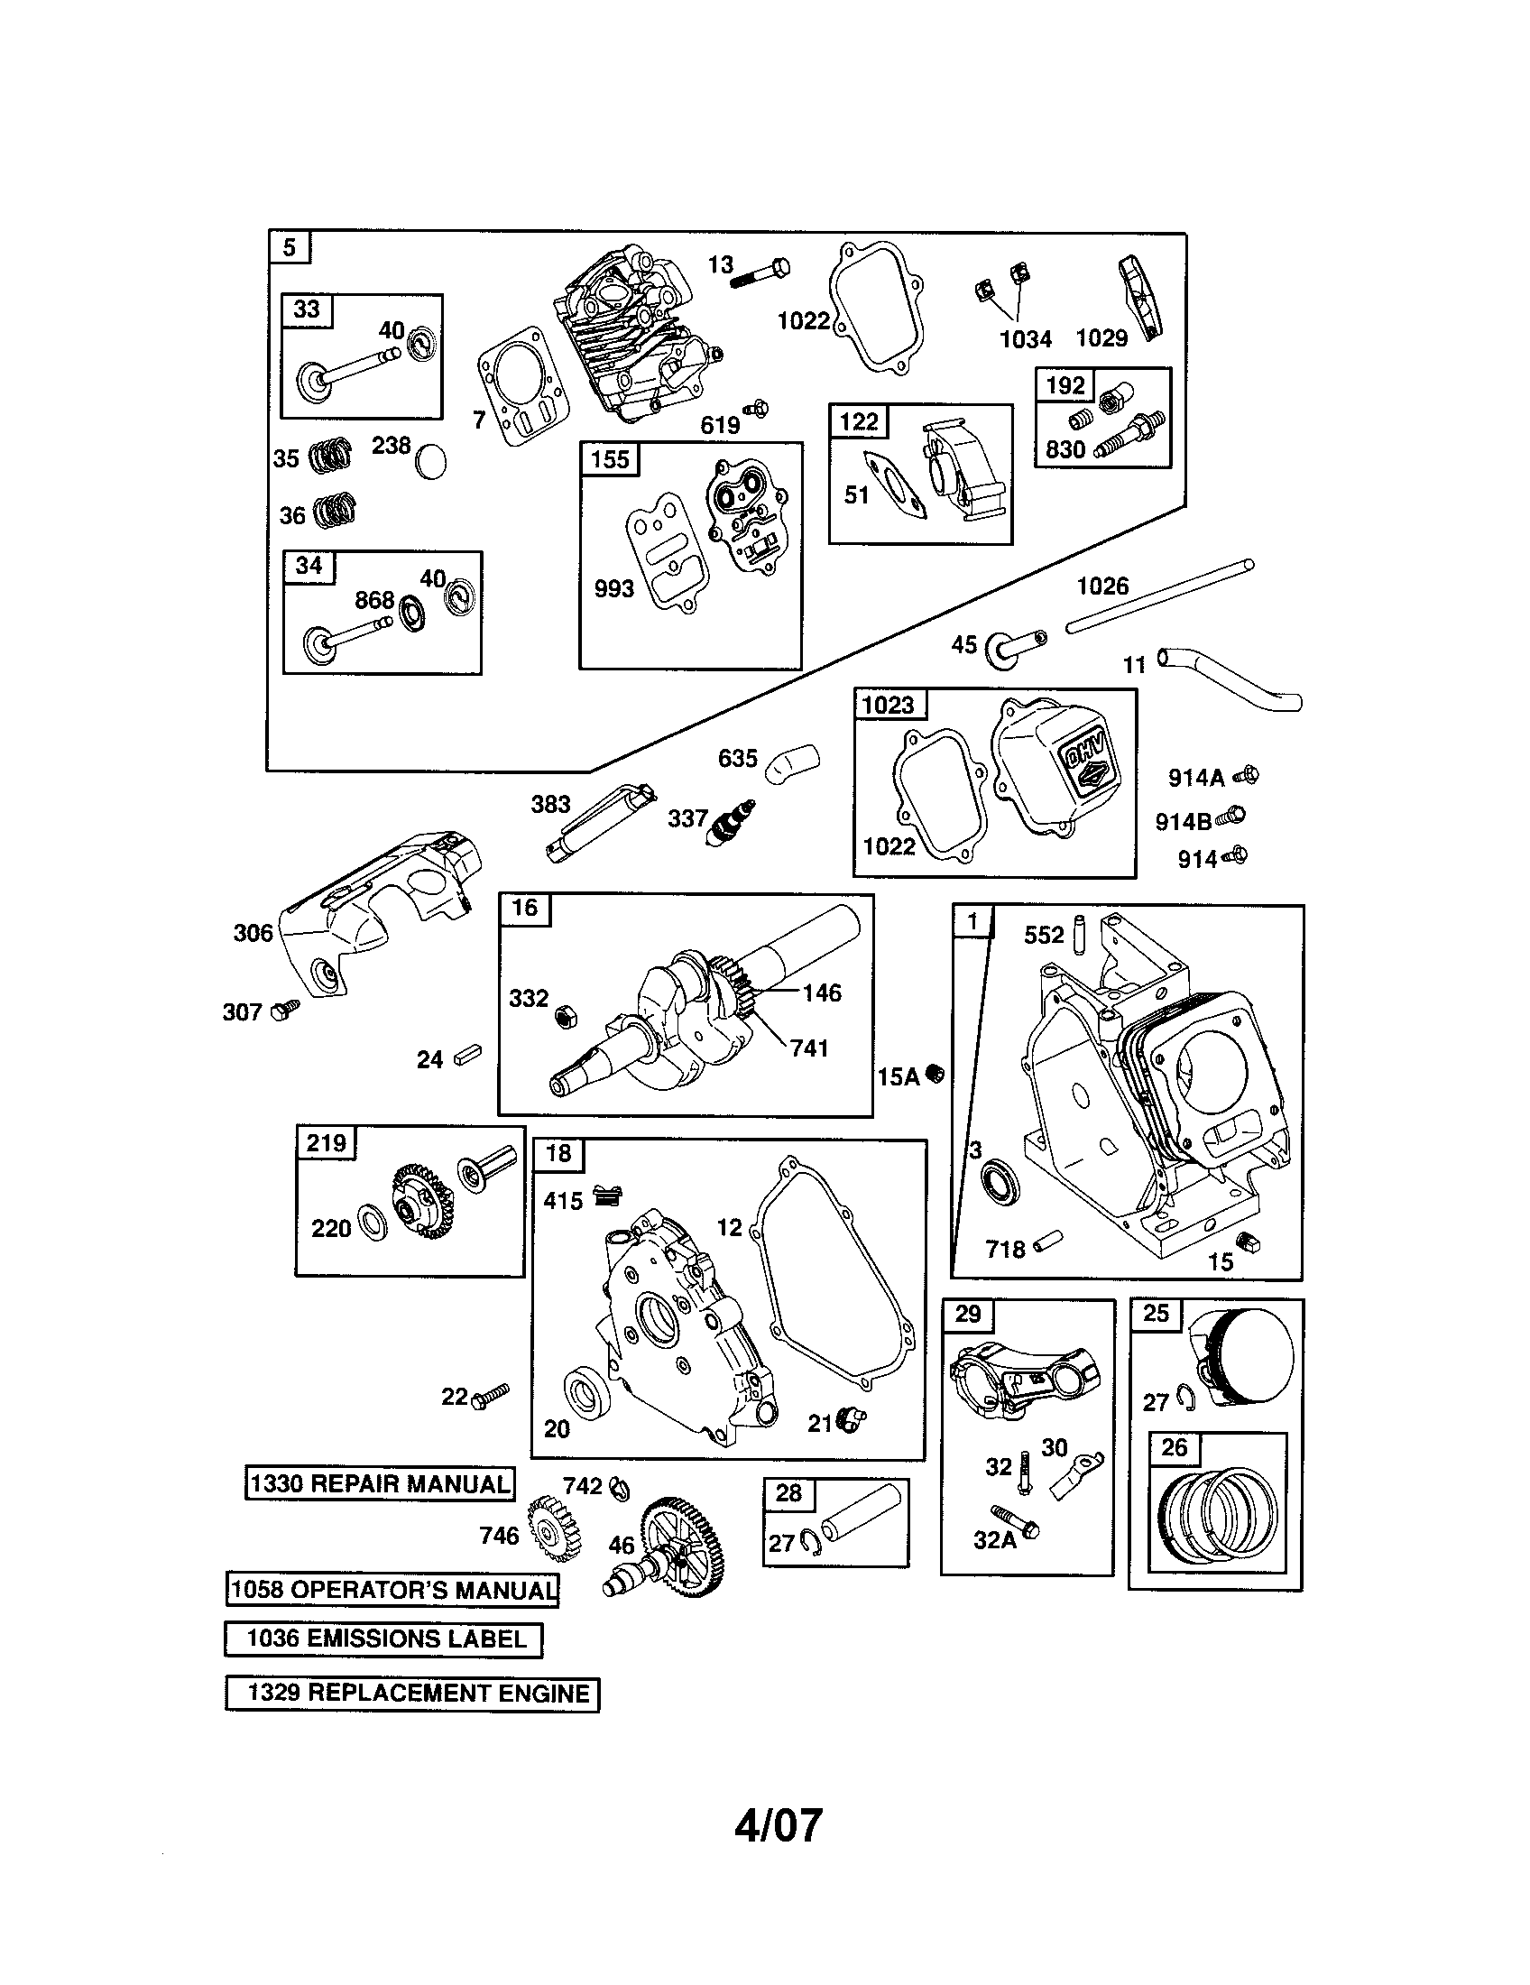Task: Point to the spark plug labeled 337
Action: [729, 825]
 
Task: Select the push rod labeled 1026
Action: [1159, 597]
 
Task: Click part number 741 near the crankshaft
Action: [808, 1048]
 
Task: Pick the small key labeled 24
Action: [468, 1057]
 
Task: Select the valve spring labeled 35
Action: [327, 456]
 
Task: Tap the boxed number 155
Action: [610, 460]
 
